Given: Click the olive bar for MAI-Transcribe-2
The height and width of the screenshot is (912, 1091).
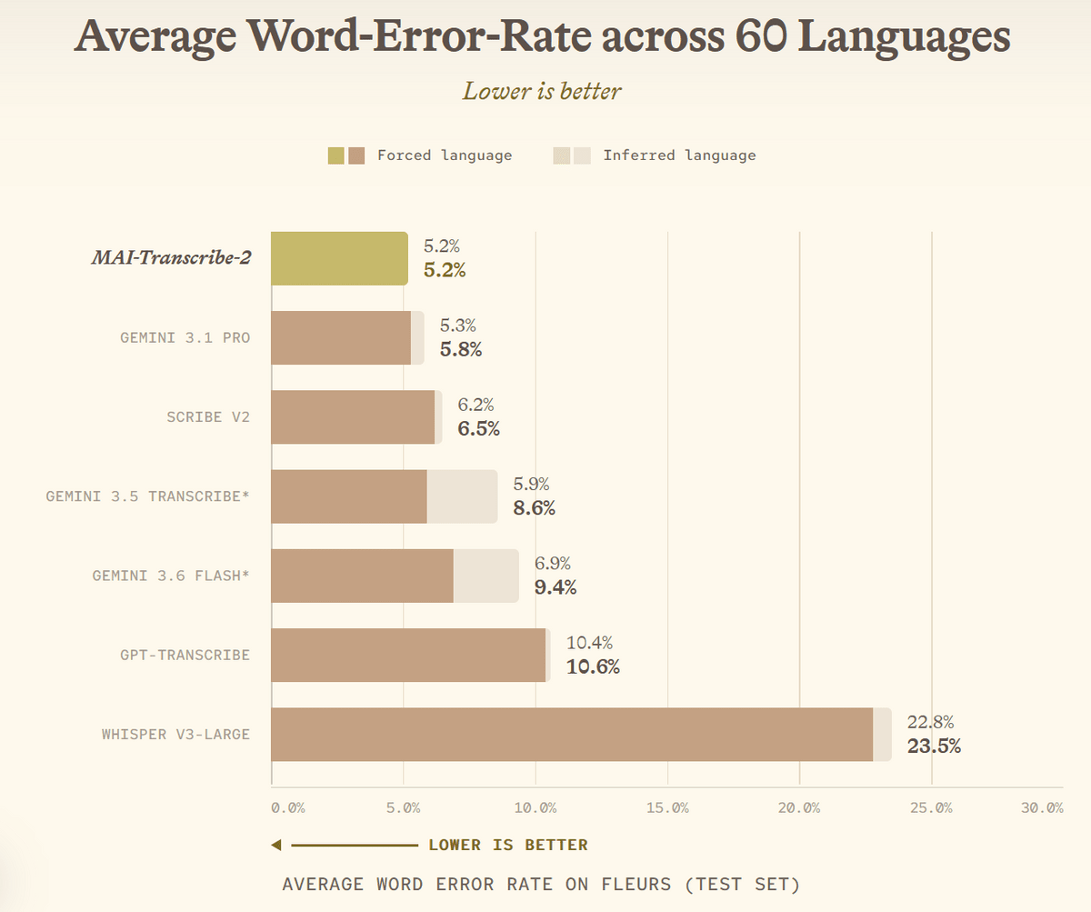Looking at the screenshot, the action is coord(340,258).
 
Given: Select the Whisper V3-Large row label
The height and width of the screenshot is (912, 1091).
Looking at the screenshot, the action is coord(175,735).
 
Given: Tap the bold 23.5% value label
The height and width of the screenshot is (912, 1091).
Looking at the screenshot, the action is coord(934,746).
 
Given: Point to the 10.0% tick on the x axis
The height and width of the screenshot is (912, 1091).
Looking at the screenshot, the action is coord(535,808).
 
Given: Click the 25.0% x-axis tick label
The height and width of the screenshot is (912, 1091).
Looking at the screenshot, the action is coord(931,808).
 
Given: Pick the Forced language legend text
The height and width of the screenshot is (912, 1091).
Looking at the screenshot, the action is coord(445,155).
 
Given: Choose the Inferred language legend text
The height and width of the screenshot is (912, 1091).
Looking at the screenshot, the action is coord(680,155).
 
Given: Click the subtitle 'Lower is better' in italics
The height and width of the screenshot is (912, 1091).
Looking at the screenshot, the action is coord(542,92).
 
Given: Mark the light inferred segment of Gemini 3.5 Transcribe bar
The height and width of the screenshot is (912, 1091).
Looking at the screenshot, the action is coord(462,496).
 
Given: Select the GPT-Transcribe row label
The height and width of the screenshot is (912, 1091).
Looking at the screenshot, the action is coord(185,655).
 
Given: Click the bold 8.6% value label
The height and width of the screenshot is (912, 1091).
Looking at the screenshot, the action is coord(534,508).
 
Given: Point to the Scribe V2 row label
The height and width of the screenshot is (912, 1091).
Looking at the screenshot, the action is coord(208,417).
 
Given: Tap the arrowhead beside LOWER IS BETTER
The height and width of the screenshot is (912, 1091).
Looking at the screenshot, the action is coord(276,845).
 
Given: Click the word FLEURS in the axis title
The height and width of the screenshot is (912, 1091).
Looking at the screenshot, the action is coord(636,885).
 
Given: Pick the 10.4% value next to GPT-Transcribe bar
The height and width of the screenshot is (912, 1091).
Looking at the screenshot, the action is coord(589,643).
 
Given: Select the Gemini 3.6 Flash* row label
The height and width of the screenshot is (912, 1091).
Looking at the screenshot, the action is coord(171,576).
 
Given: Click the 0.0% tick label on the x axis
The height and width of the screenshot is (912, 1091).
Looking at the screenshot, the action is coord(288,808).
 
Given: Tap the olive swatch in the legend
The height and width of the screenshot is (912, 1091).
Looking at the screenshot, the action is coord(336,155).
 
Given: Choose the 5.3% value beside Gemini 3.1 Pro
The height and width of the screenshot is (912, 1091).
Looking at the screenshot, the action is coord(457,326).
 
